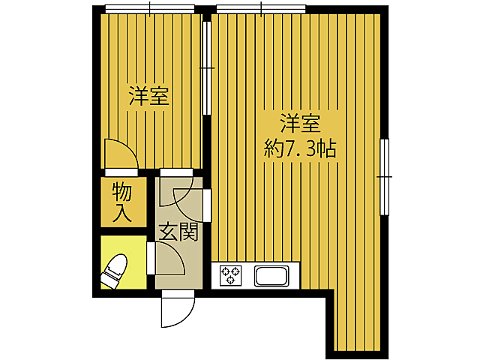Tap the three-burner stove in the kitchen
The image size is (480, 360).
[229, 276]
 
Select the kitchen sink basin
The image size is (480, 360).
[272, 276]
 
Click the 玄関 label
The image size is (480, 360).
[178, 232]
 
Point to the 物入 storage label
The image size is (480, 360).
[122, 202]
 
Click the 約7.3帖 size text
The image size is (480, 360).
[300, 148]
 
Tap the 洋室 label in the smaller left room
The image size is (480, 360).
[148, 96]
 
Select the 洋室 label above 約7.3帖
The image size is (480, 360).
[300, 122]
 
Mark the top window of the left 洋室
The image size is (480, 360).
[150, 9]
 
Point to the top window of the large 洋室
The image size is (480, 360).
[261, 9]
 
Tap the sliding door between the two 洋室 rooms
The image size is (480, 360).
[207, 67]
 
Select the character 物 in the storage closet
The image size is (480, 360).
[122, 192]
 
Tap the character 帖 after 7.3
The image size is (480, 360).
[325, 148]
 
